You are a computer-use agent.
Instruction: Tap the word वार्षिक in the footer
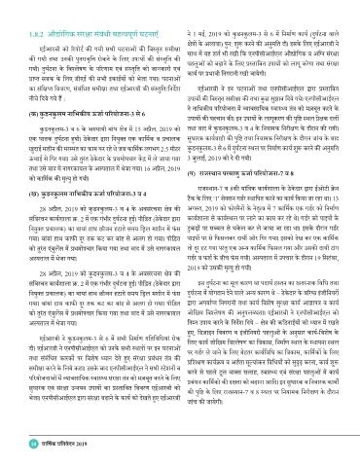pyautogui.click(x=41, y=446)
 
